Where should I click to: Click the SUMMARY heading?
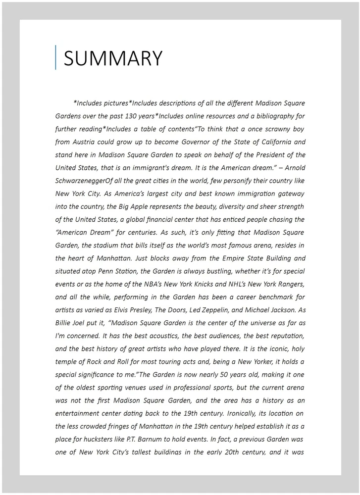pos(113,58)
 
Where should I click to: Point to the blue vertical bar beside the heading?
pos(56,57)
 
